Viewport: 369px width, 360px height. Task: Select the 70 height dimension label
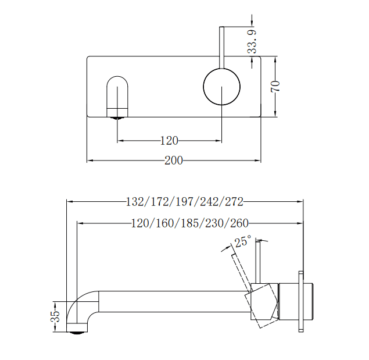pos(276,86)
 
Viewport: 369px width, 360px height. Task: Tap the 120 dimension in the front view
pos(169,140)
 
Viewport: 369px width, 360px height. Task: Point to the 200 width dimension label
pos(173,161)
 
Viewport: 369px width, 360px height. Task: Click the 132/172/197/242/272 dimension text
pos(184,202)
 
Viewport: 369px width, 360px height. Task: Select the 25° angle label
pos(242,241)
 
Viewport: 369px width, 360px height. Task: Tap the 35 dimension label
pos(55,316)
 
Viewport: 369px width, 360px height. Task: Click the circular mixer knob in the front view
pos(221,87)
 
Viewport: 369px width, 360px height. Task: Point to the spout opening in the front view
pos(118,95)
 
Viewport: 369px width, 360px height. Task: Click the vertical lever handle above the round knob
pos(221,47)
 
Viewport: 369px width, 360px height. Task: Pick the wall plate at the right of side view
pos(300,301)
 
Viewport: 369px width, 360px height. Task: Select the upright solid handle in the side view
pos(260,265)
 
